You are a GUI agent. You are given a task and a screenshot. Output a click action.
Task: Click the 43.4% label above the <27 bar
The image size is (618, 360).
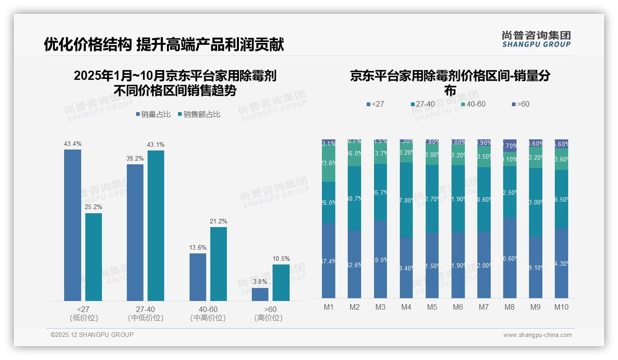[72, 144]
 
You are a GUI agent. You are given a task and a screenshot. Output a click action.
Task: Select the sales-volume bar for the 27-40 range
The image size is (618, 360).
[135, 232]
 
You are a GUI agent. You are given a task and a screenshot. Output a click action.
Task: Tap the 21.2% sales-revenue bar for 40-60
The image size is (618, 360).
[219, 264]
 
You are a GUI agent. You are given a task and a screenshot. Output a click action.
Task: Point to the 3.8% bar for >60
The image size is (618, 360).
[260, 294]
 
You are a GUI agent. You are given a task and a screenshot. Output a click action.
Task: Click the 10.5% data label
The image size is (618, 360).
[281, 259]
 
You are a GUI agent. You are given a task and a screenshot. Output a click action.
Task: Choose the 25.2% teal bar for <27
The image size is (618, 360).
[94, 257]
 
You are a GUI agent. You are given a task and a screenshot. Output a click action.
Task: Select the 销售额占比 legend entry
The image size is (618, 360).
[199, 114]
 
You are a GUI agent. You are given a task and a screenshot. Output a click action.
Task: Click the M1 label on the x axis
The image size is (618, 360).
[329, 307]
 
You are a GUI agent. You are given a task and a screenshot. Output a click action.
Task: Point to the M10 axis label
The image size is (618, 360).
[561, 307]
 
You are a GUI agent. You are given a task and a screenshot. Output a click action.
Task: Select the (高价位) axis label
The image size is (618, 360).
[268, 318]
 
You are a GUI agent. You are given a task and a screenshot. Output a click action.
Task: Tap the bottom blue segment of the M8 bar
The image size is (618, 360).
[510, 258]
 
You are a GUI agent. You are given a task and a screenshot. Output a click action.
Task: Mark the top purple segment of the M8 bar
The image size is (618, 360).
[510, 145]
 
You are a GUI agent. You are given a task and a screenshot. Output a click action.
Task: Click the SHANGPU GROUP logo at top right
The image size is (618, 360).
[536, 39]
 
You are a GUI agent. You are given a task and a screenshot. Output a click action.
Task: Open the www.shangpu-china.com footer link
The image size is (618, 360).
[537, 335]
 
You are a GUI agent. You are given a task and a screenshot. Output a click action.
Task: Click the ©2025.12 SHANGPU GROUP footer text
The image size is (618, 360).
[92, 335]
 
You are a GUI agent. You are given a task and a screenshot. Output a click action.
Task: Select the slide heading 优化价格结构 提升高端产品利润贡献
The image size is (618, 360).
[164, 44]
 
